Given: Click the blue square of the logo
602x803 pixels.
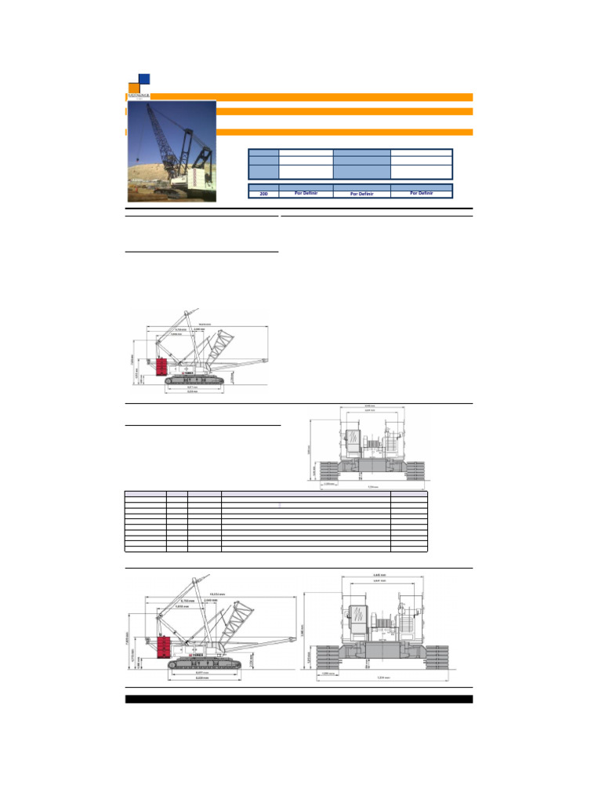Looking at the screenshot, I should [143, 78].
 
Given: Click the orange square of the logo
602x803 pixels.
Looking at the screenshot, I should [132, 86].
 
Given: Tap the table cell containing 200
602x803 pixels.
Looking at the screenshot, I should [263, 193].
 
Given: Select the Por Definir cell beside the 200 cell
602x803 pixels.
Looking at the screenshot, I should [306, 193].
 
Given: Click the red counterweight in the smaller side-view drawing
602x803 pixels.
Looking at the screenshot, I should [163, 367].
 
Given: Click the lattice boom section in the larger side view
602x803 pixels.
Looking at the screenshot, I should [238, 623].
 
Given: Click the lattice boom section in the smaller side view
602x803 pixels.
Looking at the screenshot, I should [222, 346].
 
